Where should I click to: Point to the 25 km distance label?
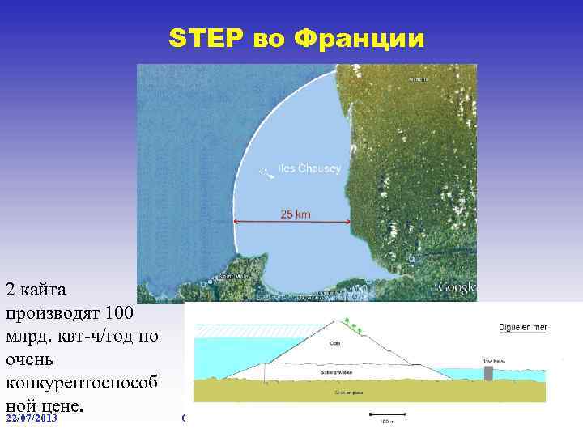pyautogui.click(x=295, y=214)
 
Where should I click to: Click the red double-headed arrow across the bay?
pyautogui.click(x=291, y=223)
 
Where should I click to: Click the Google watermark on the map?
pyautogui.click(x=457, y=287)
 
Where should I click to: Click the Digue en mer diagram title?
pyautogui.click(x=523, y=328)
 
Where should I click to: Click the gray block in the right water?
pyautogui.click(x=487, y=373)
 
